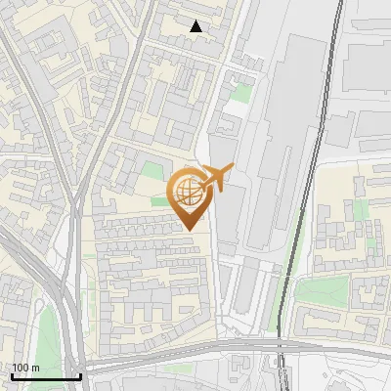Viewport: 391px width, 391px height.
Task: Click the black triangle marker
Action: click(x=196, y=26)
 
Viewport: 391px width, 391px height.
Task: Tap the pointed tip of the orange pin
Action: click(x=188, y=229)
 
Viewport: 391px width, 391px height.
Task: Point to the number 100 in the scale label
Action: click(x=21, y=368)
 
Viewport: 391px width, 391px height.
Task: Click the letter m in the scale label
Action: click(x=35, y=368)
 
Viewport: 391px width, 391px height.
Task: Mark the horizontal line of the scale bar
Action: click(x=45, y=376)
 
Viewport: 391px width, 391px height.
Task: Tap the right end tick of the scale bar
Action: click(x=80, y=374)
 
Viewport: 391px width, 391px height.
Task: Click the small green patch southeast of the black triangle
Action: click(x=240, y=93)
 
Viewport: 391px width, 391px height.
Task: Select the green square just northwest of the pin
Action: click(x=151, y=170)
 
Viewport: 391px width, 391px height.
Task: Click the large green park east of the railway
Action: click(x=323, y=290)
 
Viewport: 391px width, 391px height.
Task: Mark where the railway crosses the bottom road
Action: click(x=280, y=344)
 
